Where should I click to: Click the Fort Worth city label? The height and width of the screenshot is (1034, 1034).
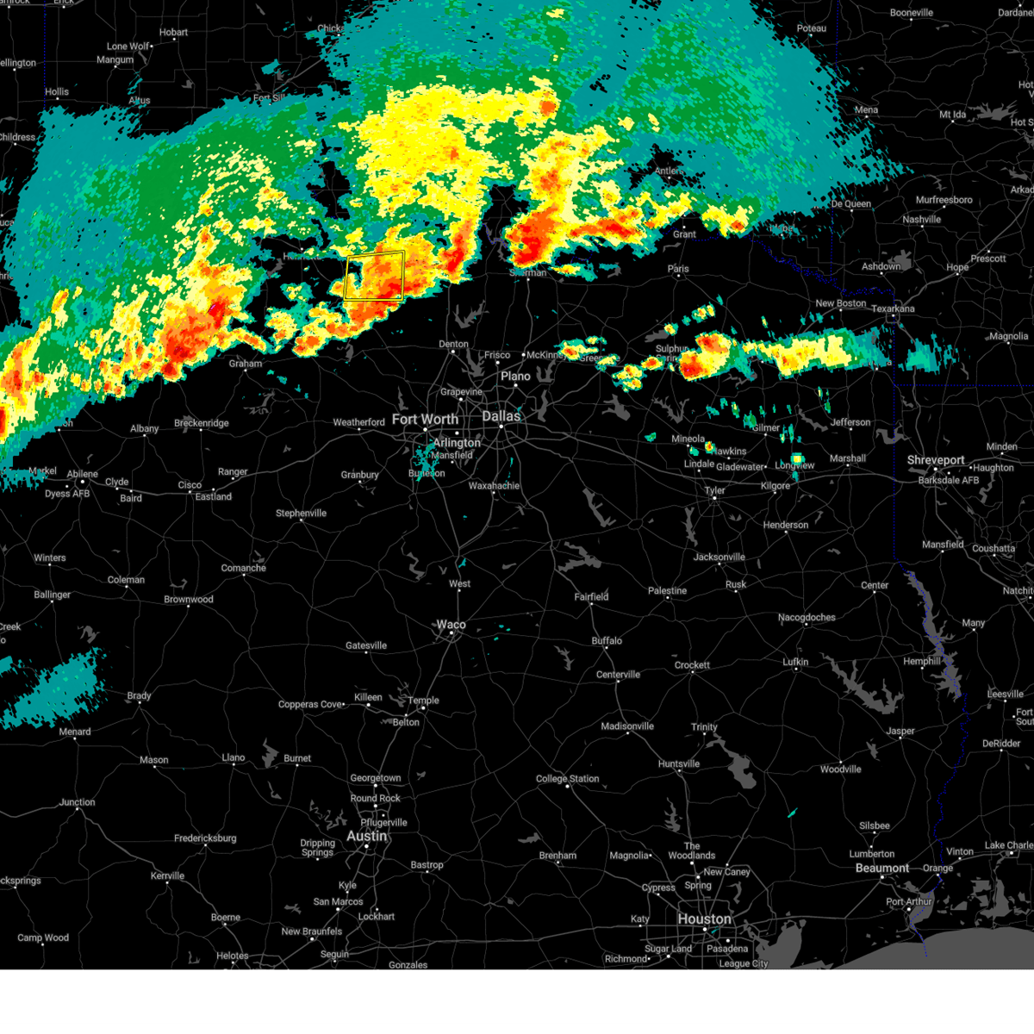[x=425, y=420]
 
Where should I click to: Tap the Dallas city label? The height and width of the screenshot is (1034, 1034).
[x=501, y=416]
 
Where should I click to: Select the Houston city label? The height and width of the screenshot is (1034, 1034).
[x=704, y=919]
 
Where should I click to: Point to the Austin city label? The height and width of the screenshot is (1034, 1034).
[x=367, y=836]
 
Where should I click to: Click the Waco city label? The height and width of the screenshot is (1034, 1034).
[x=451, y=625]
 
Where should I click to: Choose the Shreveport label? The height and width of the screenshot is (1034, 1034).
[x=935, y=460]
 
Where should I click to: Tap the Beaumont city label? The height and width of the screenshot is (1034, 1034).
[x=881, y=868]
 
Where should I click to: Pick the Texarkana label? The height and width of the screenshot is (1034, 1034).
[x=893, y=308]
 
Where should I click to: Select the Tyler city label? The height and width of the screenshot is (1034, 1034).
[x=714, y=490]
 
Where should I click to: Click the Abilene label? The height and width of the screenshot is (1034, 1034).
[x=83, y=474]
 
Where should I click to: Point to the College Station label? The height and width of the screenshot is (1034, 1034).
[x=567, y=779]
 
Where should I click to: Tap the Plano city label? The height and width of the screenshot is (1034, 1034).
[x=515, y=377]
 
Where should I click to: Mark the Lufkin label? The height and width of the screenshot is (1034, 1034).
[x=795, y=662]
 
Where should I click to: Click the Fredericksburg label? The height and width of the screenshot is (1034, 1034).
[x=205, y=838]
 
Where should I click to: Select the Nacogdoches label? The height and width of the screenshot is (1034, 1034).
[x=807, y=617]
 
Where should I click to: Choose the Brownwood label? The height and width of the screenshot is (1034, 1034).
[x=189, y=600]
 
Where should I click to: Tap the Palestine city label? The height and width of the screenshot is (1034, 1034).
[x=668, y=591]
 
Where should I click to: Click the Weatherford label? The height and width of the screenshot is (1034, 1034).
[x=358, y=422]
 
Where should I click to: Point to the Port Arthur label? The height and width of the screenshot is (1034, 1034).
[x=907, y=901]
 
